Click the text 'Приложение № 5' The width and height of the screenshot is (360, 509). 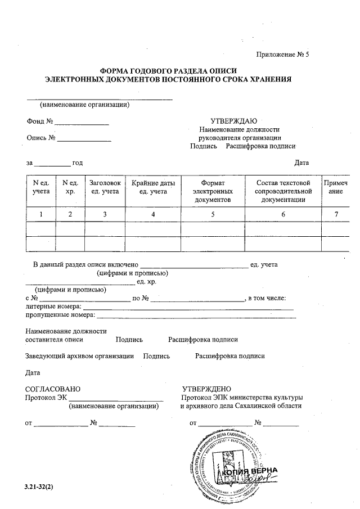click(283, 54)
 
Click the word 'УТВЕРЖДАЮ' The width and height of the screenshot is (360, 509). click(233, 121)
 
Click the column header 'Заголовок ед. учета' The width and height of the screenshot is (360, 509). click(105, 188)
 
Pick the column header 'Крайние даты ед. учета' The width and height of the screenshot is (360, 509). click(153, 188)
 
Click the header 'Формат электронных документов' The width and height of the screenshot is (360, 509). click(213, 191)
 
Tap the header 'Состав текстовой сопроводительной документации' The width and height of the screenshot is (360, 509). click(283, 191)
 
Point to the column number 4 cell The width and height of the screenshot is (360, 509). click(153, 214)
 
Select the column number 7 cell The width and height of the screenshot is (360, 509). click(335, 214)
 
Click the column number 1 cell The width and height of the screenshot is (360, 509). click(41, 214)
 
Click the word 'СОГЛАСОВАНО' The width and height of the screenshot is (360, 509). click(53, 389)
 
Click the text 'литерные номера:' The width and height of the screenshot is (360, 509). click(54, 307)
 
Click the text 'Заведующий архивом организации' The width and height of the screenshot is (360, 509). click(80, 356)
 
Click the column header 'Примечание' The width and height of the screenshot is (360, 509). click(335, 188)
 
